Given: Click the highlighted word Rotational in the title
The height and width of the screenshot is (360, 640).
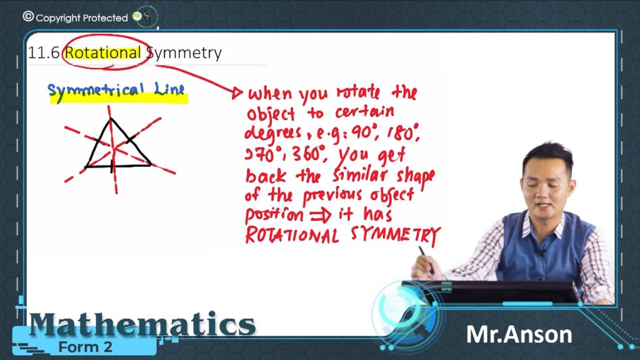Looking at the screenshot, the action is [x=103, y=52].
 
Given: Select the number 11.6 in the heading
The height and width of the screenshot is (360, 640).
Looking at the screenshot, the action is [x=44, y=52].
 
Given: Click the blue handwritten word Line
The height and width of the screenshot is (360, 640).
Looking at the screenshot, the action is [x=169, y=89].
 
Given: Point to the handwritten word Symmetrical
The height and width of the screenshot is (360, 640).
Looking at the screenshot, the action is [x=96, y=91].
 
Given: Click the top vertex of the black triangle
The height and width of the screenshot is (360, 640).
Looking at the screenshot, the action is [x=111, y=119].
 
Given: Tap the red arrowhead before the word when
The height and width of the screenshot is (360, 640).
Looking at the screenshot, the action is [x=237, y=94].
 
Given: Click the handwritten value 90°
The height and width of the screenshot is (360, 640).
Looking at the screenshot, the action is [x=361, y=132].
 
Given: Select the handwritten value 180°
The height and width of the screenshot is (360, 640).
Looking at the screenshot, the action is [x=402, y=133].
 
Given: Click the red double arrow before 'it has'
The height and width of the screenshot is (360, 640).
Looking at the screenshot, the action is [x=321, y=215].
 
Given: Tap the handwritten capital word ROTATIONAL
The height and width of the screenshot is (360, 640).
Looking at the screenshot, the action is [x=292, y=235].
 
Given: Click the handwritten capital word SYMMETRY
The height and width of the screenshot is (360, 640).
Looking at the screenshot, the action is [x=395, y=236].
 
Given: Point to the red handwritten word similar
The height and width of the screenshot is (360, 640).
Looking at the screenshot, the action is [x=359, y=175].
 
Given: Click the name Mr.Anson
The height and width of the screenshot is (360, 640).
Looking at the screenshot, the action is [x=519, y=335].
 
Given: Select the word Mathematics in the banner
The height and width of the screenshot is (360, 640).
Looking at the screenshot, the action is [x=142, y=324].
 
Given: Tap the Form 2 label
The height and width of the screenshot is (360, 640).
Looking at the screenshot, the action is [x=85, y=347].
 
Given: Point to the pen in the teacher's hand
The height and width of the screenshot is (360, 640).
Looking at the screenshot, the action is [x=426, y=260].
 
